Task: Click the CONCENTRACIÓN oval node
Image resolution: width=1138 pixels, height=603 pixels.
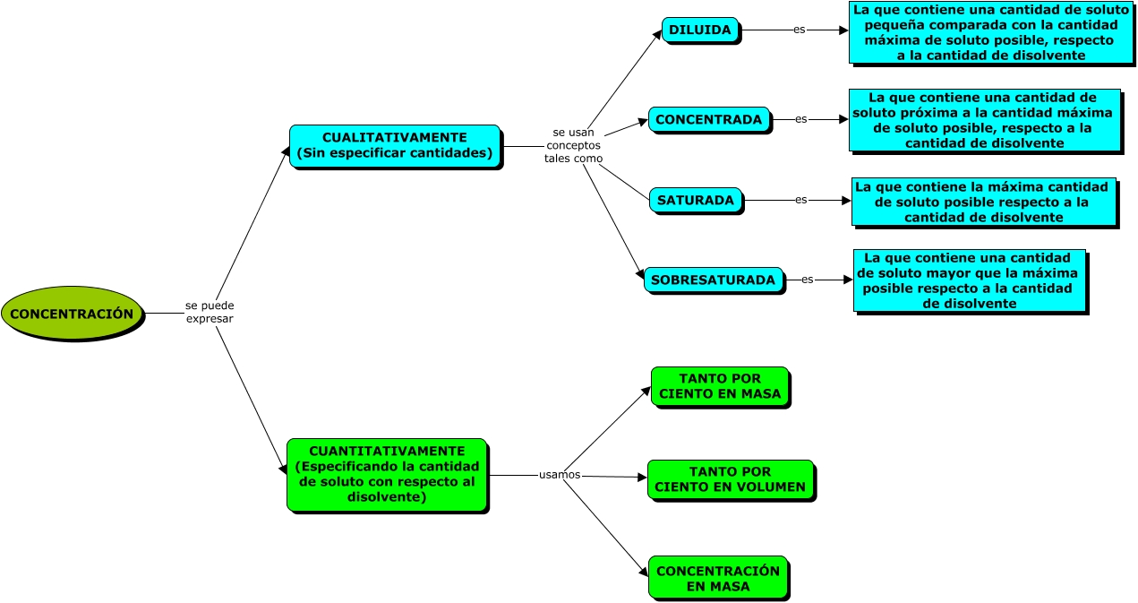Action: click(72, 314)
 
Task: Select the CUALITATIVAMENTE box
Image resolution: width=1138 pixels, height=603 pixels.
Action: click(394, 145)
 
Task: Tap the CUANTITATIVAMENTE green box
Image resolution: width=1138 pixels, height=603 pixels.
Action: click(387, 474)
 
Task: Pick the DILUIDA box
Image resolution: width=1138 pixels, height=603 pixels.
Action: click(700, 30)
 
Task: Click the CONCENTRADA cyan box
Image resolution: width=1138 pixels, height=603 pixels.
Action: click(708, 119)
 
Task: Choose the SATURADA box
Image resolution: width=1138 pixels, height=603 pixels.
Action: click(696, 200)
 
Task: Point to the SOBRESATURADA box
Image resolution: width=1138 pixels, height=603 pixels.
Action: click(713, 280)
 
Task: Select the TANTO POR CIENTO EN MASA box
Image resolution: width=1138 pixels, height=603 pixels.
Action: click(719, 386)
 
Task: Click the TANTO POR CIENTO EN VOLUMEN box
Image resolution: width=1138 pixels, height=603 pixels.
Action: click(730, 479)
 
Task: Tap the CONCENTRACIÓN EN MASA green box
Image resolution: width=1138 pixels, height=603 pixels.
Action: click(718, 578)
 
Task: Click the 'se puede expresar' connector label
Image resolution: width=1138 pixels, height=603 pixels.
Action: click(210, 312)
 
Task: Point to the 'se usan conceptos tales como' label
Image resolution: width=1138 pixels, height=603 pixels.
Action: click(573, 145)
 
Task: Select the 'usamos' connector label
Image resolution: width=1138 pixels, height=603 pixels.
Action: click(560, 474)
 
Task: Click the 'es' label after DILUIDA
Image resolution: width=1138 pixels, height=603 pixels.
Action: click(800, 30)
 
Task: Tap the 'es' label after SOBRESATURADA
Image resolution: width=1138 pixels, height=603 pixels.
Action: click(808, 280)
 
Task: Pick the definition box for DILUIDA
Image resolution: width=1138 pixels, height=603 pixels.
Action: click(990, 32)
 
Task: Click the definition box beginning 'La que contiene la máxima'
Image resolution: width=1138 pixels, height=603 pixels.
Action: click(983, 202)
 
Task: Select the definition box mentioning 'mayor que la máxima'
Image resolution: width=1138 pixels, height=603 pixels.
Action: click(969, 280)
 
